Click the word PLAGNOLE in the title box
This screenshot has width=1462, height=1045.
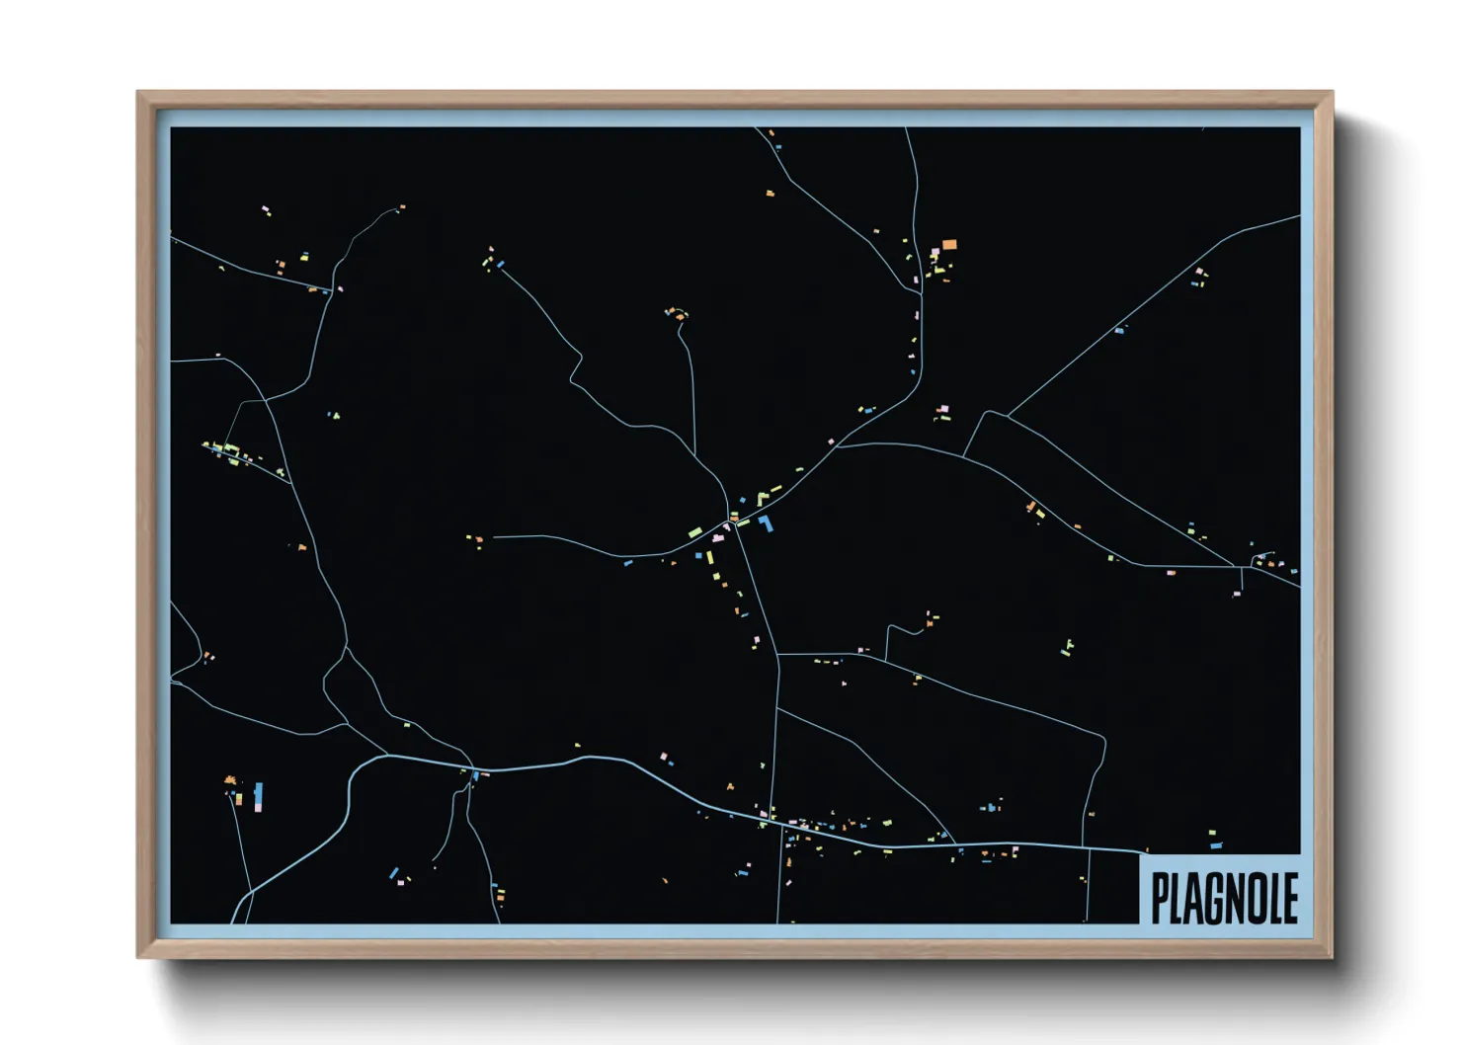1224,898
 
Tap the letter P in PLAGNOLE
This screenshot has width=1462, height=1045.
1161,898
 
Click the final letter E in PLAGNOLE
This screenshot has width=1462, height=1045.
1289,898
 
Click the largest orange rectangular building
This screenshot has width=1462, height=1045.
949,244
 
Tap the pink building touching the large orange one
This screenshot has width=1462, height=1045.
934,253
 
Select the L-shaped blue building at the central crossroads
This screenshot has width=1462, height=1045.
766,523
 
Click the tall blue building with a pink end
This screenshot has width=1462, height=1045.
258,796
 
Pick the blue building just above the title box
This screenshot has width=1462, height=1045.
1216,845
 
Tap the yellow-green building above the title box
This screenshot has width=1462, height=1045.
1212,834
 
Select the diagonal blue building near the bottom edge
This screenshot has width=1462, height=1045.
394,873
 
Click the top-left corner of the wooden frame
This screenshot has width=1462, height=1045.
138,93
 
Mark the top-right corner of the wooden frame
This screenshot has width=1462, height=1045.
1332,93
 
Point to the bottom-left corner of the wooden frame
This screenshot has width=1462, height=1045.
138,955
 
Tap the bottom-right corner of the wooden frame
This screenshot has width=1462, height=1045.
1332,955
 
